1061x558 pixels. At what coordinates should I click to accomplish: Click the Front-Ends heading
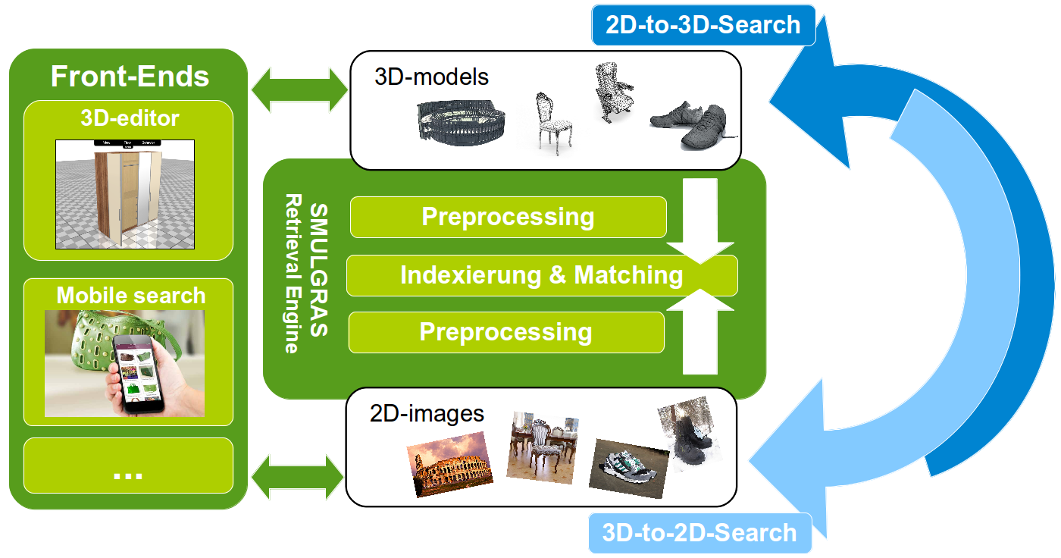(129, 77)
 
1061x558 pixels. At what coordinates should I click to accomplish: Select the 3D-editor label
(130, 118)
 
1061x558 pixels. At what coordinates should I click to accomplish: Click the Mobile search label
(130, 295)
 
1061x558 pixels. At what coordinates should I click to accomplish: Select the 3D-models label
(431, 77)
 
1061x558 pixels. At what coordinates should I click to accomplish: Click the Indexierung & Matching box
(541, 274)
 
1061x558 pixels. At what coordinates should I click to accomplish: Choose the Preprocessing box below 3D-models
(508, 217)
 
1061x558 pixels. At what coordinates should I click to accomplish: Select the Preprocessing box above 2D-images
(505, 332)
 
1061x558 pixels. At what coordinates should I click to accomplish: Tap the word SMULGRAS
(319, 270)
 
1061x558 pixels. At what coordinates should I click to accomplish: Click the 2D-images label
(427, 413)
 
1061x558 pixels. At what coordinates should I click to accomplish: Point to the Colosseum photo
(450, 463)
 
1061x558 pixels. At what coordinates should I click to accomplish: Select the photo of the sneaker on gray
(629, 462)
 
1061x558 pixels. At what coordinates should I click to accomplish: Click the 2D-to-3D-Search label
(703, 24)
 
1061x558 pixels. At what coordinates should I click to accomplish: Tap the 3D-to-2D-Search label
(699, 532)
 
